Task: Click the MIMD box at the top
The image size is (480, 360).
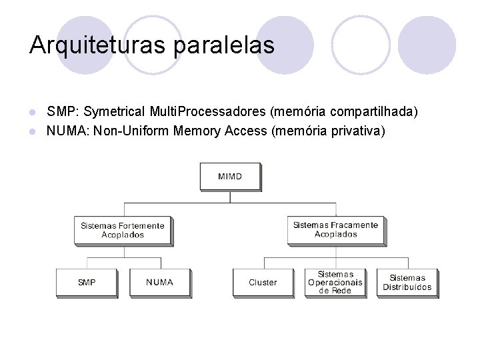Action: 230,177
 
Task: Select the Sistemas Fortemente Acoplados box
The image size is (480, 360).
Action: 123,230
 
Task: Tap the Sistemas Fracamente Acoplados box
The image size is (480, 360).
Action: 335,230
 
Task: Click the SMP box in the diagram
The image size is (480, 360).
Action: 87,283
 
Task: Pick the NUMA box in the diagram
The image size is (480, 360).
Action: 160,283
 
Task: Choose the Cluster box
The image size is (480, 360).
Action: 263,283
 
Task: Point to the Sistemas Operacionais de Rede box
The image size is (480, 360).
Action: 335,283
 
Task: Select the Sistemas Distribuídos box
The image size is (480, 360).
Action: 407,283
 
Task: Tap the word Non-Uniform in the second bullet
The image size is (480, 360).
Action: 131,131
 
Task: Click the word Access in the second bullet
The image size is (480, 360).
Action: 246,131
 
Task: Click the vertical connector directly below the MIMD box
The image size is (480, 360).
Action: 230,196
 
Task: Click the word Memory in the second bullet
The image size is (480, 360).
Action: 197,131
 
